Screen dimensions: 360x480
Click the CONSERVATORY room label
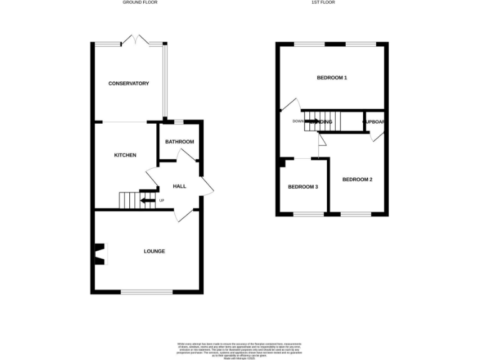(x=128, y=83)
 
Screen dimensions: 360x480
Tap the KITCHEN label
(x=125, y=155)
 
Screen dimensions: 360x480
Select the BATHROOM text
(x=179, y=142)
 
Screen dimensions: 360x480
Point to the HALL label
(x=179, y=186)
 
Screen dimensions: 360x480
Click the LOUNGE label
(x=154, y=251)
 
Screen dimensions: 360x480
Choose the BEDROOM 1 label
(x=332, y=77)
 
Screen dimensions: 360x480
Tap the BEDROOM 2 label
(x=357, y=179)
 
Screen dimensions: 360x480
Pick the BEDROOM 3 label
(x=303, y=187)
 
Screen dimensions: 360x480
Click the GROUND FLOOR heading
(x=140, y=2)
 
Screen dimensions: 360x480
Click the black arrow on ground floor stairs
(x=147, y=201)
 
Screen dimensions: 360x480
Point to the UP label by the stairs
(x=162, y=201)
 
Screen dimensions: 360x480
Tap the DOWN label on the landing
(x=297, y=121)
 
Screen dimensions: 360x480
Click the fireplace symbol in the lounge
(x=99, y=253)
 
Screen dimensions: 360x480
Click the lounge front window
(x=146, y=292)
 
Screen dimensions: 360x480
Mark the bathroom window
(x=178, y=120)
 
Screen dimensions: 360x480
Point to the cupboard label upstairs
(x=374, y=121)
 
